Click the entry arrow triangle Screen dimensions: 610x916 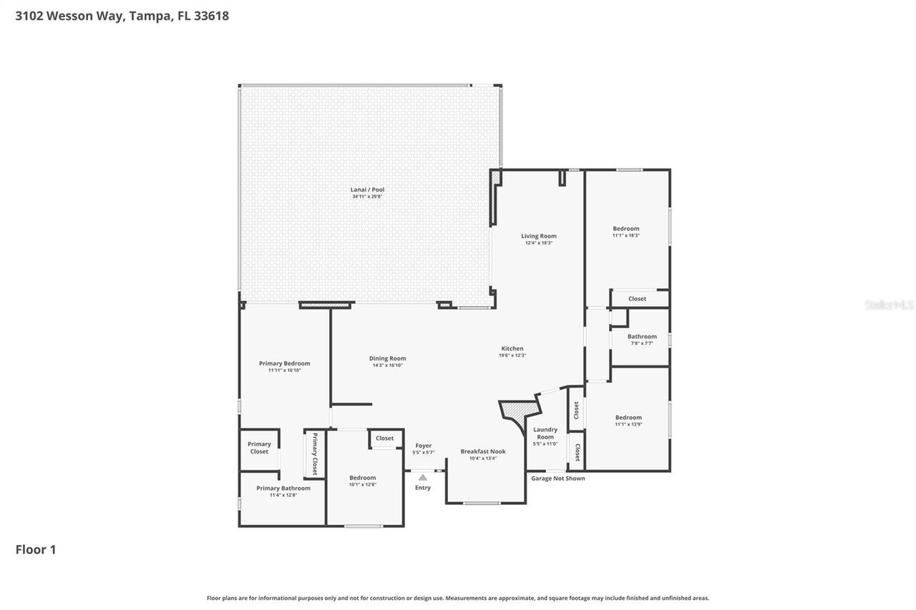pos(423,477)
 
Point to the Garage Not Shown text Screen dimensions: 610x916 pos(557,478)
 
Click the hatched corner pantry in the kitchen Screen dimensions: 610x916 pos(519,410)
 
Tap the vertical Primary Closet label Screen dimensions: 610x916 pos(314,453)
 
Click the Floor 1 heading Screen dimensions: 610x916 pos(36,549)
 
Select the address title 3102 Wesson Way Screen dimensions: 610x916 pos(122,15)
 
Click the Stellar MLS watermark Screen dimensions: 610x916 pos(889,305)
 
